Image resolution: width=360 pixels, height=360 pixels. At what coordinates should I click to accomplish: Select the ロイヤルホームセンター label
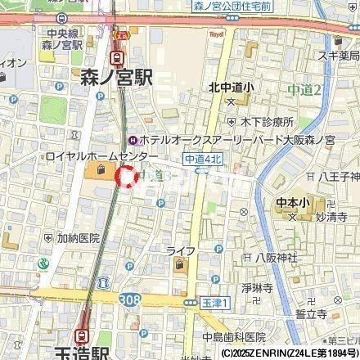pos(89,155)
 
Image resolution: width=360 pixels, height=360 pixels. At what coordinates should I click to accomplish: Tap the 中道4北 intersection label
pos(200,161)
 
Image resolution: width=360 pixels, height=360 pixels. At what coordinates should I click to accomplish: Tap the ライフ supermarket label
pos(180,250)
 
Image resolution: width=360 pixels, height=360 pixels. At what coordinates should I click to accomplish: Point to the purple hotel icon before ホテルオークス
pos(144,140)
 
